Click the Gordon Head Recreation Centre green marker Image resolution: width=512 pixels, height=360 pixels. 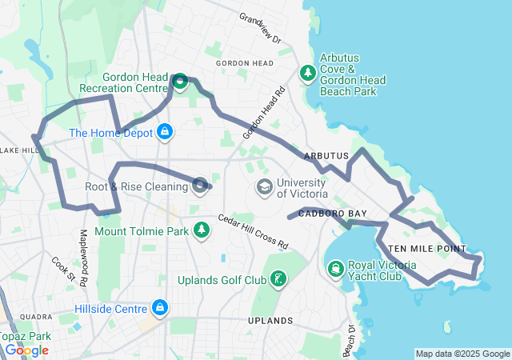pyautogui.click(x=181, y=81)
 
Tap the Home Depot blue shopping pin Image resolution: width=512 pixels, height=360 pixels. pyautogui.click(x=165, y=131)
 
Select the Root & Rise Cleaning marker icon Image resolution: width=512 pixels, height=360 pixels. pyautogui.click(x=200, y=186)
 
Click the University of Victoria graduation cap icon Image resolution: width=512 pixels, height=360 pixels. pyautogui.click(x=264, y=187)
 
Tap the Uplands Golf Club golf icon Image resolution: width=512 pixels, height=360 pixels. pyautogui.click(x=278, y=279)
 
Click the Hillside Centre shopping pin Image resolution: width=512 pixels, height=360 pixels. pyautogui.click(x=161, y=307)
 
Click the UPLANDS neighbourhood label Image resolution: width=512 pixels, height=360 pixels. pyautogui.click(x=270, y=321)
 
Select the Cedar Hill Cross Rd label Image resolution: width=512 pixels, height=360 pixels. pyautogui.click(x=253, y=231)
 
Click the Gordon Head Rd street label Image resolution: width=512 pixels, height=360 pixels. pyautogui.click(x=266, y=114)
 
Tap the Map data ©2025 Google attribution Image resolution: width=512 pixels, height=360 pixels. pyautogui.click(x=462, y=354)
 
